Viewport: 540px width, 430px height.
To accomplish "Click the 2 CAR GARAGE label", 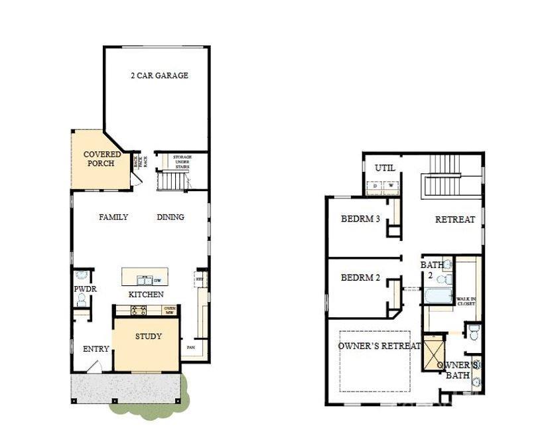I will click(x=159, y=76).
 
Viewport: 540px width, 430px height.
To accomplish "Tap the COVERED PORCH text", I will click(x=102, y=159).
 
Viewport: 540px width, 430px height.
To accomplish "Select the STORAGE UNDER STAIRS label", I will click(x=182, y=163).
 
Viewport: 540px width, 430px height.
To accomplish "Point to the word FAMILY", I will click(x=113, y=217).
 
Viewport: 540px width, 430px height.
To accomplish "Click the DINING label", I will click(x=170, y=217).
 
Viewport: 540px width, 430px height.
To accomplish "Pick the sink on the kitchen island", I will click(x=142, y=280).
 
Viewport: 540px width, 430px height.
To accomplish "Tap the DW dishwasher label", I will click(x=158, y=281).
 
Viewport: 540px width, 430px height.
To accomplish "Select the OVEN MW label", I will click(x=170, y=310).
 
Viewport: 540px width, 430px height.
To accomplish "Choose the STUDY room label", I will click(x=149, y=336).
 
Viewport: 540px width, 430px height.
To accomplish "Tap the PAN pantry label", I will click(x=190, y=347).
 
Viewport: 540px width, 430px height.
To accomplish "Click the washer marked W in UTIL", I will click(x=391, y=186).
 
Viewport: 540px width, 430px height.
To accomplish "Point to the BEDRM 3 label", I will click(x=360, y=219).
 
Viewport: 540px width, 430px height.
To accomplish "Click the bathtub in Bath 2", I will click(x=438, y=296).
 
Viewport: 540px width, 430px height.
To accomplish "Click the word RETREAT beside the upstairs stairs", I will click(x=455, y=220).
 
